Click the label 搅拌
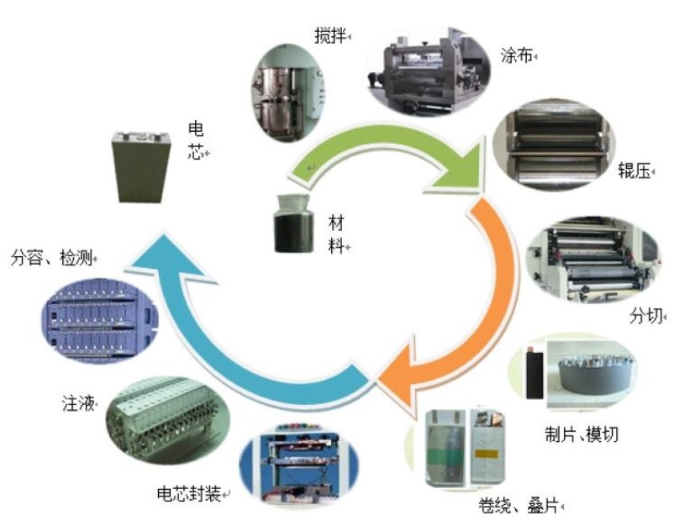tap(331, 35)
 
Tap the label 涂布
tap(517, 55)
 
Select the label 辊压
tap(635, 171)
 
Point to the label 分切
tap(646, 316)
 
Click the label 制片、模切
tap(582, 434)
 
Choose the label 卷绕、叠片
tap(519, 506)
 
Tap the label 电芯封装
tap(189, 494)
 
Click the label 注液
tap(78, 403)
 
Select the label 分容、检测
tap(51, 258)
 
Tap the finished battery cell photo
tap(140, 166)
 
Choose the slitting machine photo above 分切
tap(593, 260)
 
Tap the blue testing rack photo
tap(99, 320)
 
